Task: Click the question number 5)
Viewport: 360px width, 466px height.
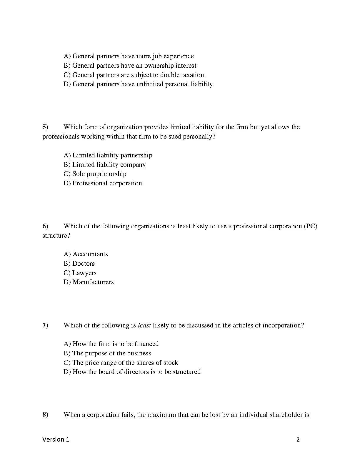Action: pyautogui.click(x=45, y=127)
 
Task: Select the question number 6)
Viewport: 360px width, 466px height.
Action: pyautogui.click(x=45, y=226)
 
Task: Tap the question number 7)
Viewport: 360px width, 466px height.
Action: pyautogui.click(x=45, y=325)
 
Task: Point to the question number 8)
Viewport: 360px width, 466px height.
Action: pyautogui.click(x=45, y=415)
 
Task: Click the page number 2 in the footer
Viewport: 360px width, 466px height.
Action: pyautogui.click(x=298, y=440)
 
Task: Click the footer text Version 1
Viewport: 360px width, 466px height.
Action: pyautogui.click(x=56, y=440)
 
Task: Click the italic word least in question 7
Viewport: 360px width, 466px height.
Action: pyautogui.click(x=144, y=325)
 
